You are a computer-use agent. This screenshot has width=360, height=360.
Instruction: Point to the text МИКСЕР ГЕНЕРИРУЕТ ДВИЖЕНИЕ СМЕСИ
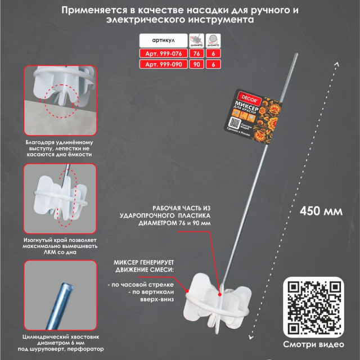click(x=145, y=267)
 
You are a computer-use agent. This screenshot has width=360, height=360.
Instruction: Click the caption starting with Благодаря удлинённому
click(x=59, y=147)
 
